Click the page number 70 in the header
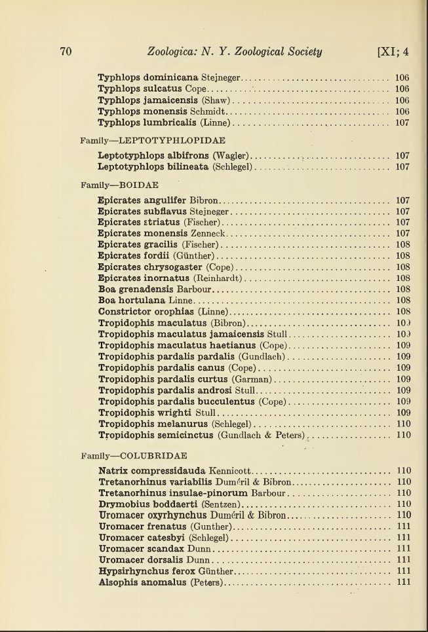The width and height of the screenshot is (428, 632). (65, 52)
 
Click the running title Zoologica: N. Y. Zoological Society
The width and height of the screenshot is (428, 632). (235, 52)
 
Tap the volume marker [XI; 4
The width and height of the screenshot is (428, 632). (393, 52)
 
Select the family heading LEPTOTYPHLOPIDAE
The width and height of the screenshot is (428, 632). (172, 140)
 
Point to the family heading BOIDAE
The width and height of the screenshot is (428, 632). (138, 185)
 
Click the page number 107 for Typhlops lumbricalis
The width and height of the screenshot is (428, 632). (402, 122)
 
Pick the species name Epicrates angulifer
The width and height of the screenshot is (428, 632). (142, 200)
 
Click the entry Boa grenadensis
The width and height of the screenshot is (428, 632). (136, 289)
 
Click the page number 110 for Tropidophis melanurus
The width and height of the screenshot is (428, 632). (403, 424)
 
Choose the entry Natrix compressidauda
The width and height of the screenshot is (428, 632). (152, 471)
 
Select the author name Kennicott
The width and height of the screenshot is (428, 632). (229, 471)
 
